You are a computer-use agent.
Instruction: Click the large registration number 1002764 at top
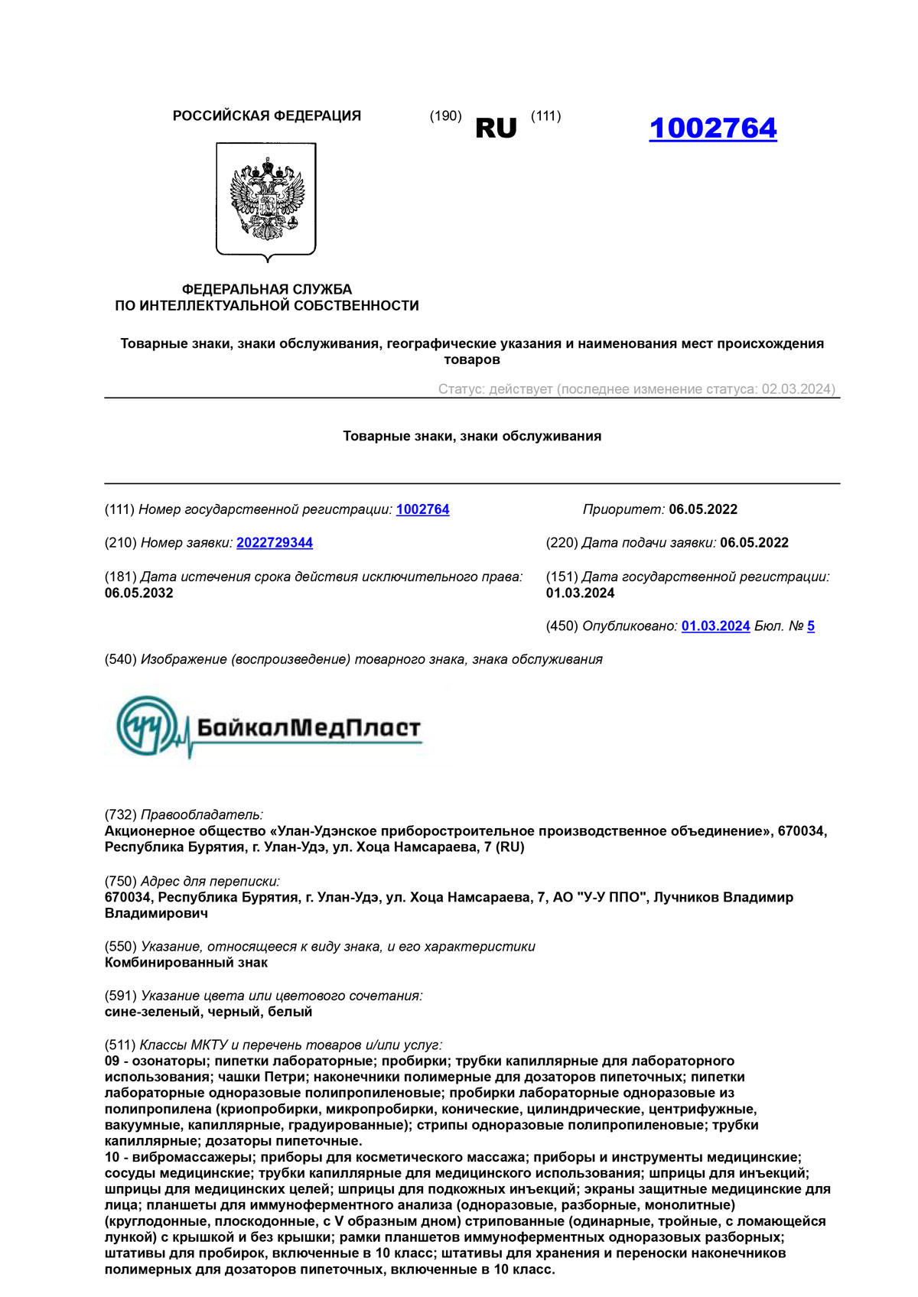click(x=712, y=128)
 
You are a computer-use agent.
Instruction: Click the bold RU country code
click(x=496, y=128)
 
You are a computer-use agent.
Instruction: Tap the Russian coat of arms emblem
click(x=266, y=200)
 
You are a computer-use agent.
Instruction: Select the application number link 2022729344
click(x=275, y=543)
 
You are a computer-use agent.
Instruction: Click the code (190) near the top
click(x=445, y=116)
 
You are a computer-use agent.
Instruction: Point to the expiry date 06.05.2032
click(x=139, y=593)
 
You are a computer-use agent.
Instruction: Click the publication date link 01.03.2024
click(x=715, y=626)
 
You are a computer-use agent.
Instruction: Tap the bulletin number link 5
click(x=811, y=626)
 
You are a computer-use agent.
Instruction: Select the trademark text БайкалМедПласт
click(x=309, y=727)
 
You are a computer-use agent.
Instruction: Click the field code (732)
click(x=121, y=815)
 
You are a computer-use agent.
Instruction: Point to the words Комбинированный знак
click(x=186, y=963)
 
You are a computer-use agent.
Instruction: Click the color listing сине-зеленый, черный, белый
click(x=208, y=1012)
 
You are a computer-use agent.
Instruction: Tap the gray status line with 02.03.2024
click(x=636, y=389)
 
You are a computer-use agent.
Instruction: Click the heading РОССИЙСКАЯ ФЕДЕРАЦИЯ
click(x=266, y=116)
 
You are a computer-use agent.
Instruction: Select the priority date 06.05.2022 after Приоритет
click(x=703, y=510)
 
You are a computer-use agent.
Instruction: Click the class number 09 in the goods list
click(x=112, y=1061)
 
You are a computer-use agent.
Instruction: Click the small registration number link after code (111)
click(x=422, y=510)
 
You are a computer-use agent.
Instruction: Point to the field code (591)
click(x=121, y=996)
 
